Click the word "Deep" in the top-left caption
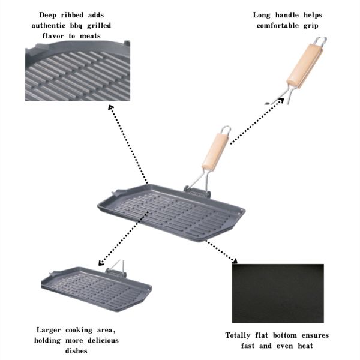(48, 16)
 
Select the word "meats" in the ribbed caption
(90, 36)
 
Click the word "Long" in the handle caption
(262, 16)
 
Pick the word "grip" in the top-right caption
(311, 26)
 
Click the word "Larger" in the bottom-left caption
(49, 331)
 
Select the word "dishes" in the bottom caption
(76, 351)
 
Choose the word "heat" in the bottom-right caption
(305, 346)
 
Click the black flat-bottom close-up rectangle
(278, 293)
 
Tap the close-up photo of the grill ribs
(77, 71)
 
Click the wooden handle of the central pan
(215, 152)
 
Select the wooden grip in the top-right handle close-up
(305, 66)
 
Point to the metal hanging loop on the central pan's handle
(226, 130)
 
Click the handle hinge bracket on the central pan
(197, 193)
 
